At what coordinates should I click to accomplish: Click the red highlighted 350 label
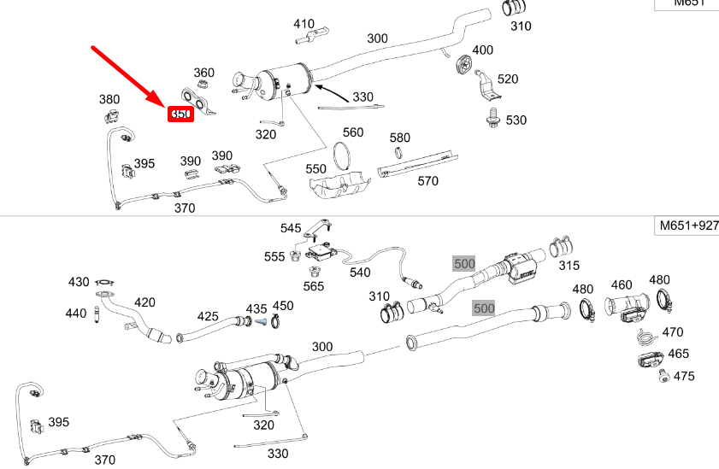[180, 114]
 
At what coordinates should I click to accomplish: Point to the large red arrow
[128, 76]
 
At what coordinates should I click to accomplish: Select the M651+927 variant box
[687, 226]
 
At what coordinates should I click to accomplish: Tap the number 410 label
[304, 24]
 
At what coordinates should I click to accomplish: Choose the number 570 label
[427, 181]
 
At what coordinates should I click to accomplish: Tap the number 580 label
[400, 138]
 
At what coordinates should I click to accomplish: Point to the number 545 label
[292, 228]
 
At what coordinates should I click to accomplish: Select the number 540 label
[360, 273]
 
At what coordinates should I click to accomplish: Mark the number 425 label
[209, 316]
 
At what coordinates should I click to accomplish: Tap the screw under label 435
[260, 322]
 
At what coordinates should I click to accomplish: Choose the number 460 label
[622, 284]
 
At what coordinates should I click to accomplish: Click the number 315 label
[569, 266]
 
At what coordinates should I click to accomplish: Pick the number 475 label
[684, 376]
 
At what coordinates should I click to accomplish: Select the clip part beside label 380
[110, 117]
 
